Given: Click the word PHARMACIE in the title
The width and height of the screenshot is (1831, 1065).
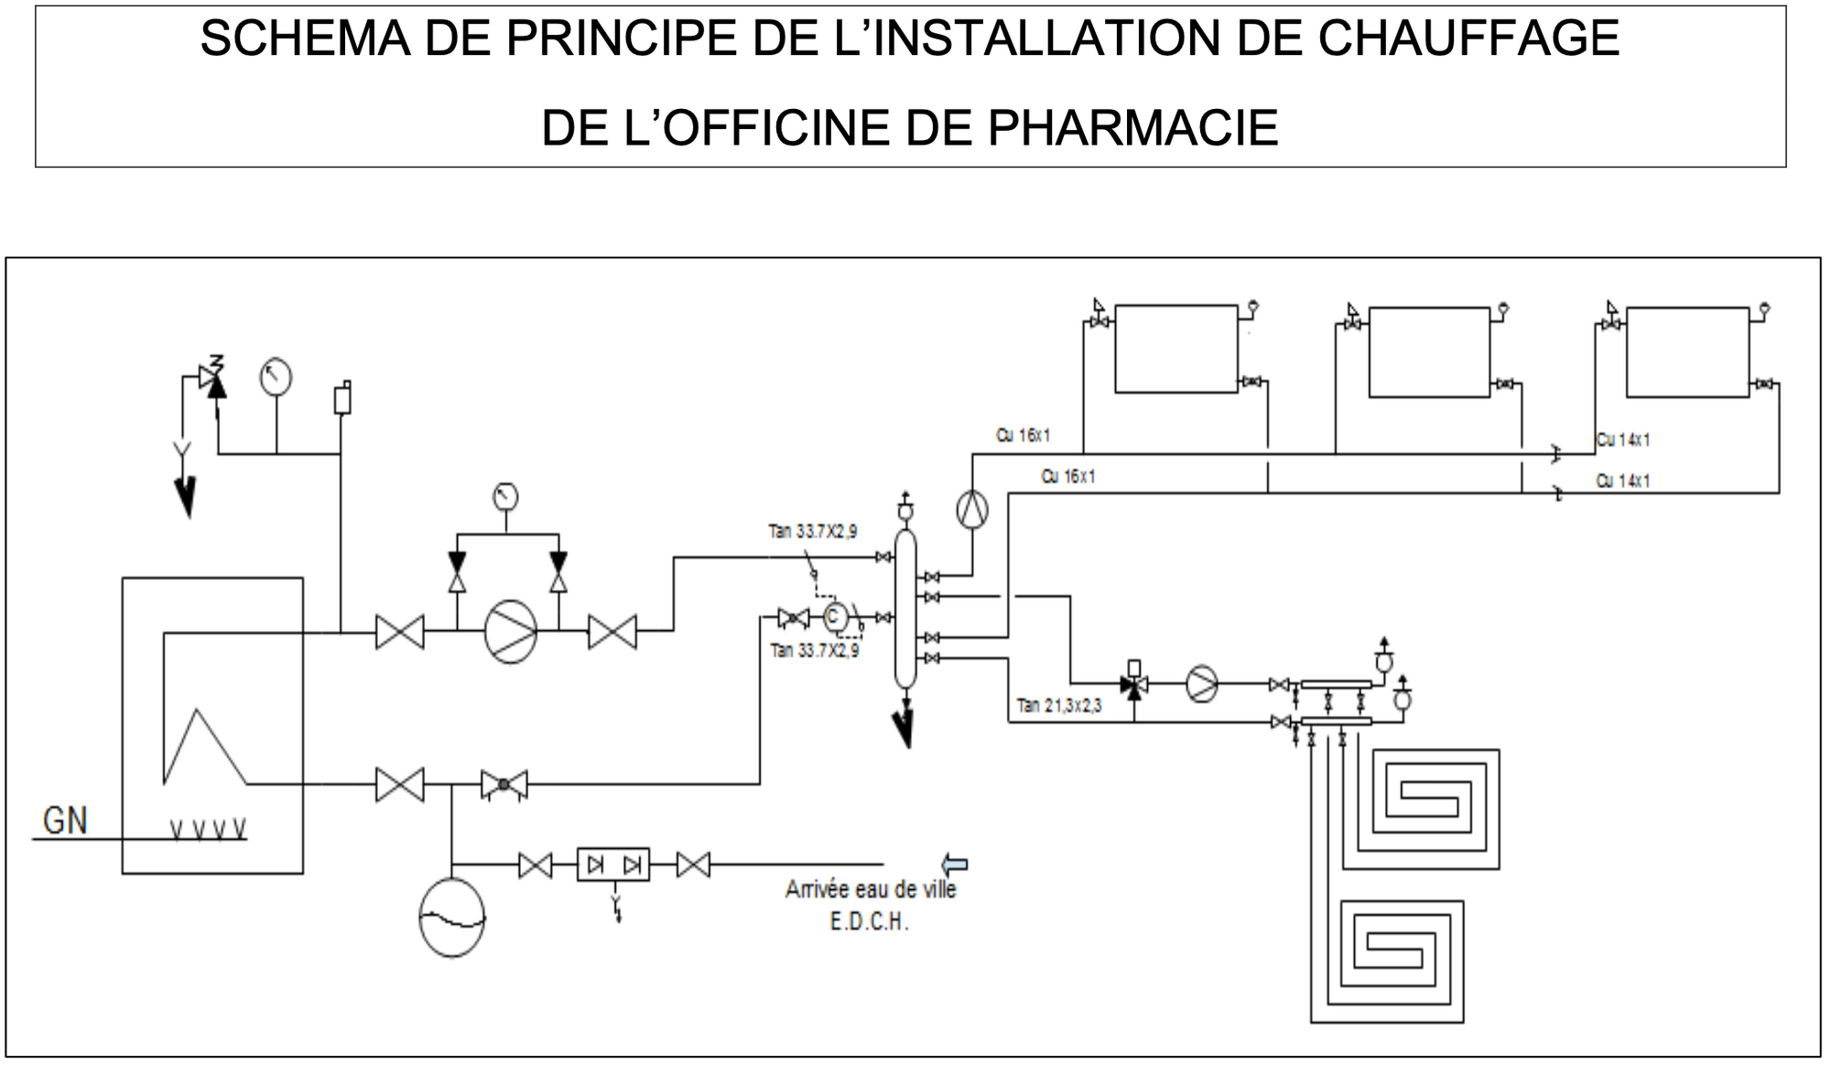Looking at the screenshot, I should (1132, 128).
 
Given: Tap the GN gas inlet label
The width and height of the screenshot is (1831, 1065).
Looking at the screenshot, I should (65, 820).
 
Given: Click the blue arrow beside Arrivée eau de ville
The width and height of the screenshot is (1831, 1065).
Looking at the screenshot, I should (955, 864).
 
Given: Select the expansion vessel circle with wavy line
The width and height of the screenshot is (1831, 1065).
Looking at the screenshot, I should (451, 918).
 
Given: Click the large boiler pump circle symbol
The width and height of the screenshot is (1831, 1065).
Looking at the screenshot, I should (510, 631).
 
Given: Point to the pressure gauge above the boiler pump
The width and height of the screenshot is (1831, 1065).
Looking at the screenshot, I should (505, 497).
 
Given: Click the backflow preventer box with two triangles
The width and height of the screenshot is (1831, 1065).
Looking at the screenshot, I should (613, 864).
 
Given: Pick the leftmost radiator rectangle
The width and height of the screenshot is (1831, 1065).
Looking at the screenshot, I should (1176, 349).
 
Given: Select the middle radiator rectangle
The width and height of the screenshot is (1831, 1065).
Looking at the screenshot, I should (1429, 352).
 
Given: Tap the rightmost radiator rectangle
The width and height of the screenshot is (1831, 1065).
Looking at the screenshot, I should (1687, 352).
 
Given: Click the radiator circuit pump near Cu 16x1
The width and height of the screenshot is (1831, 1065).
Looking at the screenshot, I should (972, 508).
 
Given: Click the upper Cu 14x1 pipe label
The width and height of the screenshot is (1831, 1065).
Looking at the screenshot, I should (1623, 440).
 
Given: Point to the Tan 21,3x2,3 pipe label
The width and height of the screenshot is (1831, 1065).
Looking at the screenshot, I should (1059, 706).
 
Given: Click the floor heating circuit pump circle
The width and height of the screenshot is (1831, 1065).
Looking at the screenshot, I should (1202, 684).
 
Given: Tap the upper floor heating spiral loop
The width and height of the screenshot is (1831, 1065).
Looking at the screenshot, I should (1428, 804).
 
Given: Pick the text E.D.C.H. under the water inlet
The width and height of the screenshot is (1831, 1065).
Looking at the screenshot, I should (869, 922).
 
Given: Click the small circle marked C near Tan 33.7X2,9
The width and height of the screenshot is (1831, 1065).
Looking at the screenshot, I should (833, 617).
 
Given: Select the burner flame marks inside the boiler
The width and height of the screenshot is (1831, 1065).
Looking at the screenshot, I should (209, 830).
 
